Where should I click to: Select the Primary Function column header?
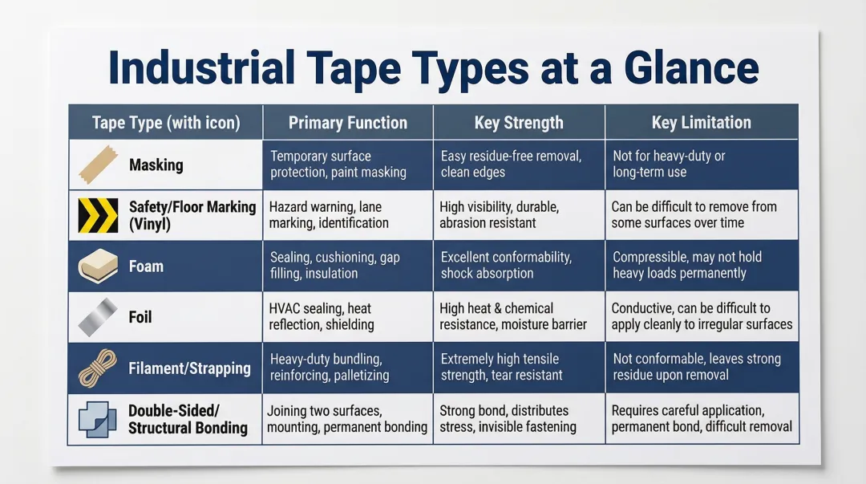(348, 123)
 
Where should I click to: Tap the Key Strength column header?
(519, 123)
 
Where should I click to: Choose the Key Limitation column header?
(702, 123)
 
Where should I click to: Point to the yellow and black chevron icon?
(98, 215)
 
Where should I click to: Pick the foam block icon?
(98, 266)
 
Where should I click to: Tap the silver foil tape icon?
(98, 317)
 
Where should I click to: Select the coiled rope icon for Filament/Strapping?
(98, 368)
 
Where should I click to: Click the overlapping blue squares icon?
(98, 418)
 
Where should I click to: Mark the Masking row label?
(156, 165)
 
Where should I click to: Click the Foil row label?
(140, 317)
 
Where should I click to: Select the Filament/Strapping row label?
(189, 368)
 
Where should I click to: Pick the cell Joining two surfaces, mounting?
(347, 418)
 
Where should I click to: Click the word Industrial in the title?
(201, 68)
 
